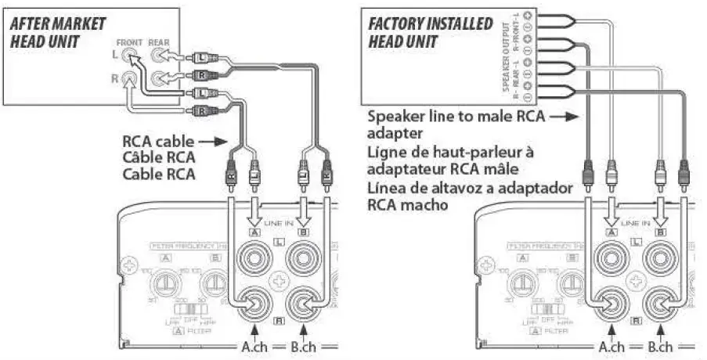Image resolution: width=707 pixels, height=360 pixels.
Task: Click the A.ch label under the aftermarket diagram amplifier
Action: click(x=252, y=347)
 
